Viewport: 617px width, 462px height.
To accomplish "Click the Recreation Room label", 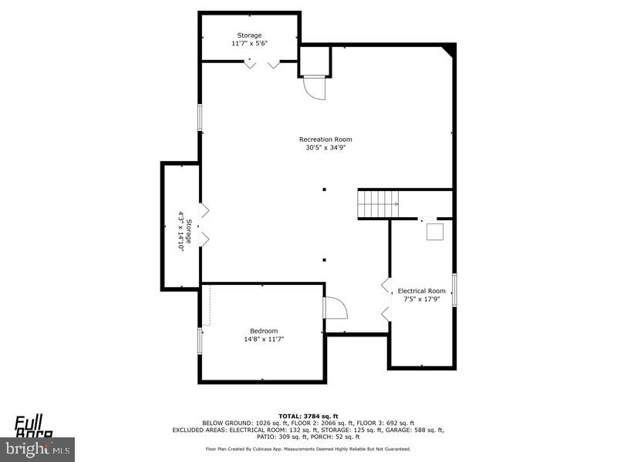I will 331,139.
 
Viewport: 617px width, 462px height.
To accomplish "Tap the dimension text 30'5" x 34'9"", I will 331,148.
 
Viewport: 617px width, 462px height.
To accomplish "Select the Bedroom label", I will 263,331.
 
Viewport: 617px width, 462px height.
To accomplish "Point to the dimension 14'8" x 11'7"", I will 263,339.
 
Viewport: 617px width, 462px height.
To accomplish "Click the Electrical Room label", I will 421,291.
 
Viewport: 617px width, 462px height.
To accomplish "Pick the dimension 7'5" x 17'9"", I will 421,299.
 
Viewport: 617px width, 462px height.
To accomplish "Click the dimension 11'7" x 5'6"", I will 249,44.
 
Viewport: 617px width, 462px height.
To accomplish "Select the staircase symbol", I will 378,204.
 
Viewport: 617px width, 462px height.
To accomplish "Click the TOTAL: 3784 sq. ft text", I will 308,416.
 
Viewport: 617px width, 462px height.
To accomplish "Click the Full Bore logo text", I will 35,425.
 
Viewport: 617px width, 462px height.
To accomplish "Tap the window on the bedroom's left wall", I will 200,341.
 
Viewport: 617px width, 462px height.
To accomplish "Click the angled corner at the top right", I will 449,51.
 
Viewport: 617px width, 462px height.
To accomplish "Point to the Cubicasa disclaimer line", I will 308,448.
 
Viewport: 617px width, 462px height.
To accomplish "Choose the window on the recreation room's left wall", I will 200,118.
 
